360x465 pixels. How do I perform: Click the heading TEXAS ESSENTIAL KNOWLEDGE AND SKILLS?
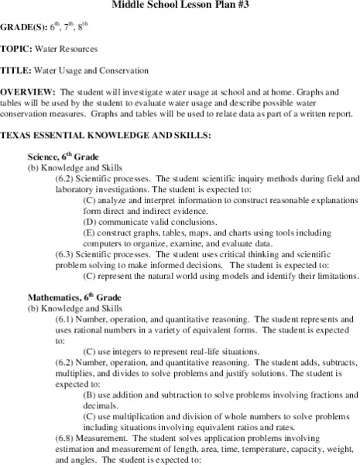pyautogui.click(x=105, y=135)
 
